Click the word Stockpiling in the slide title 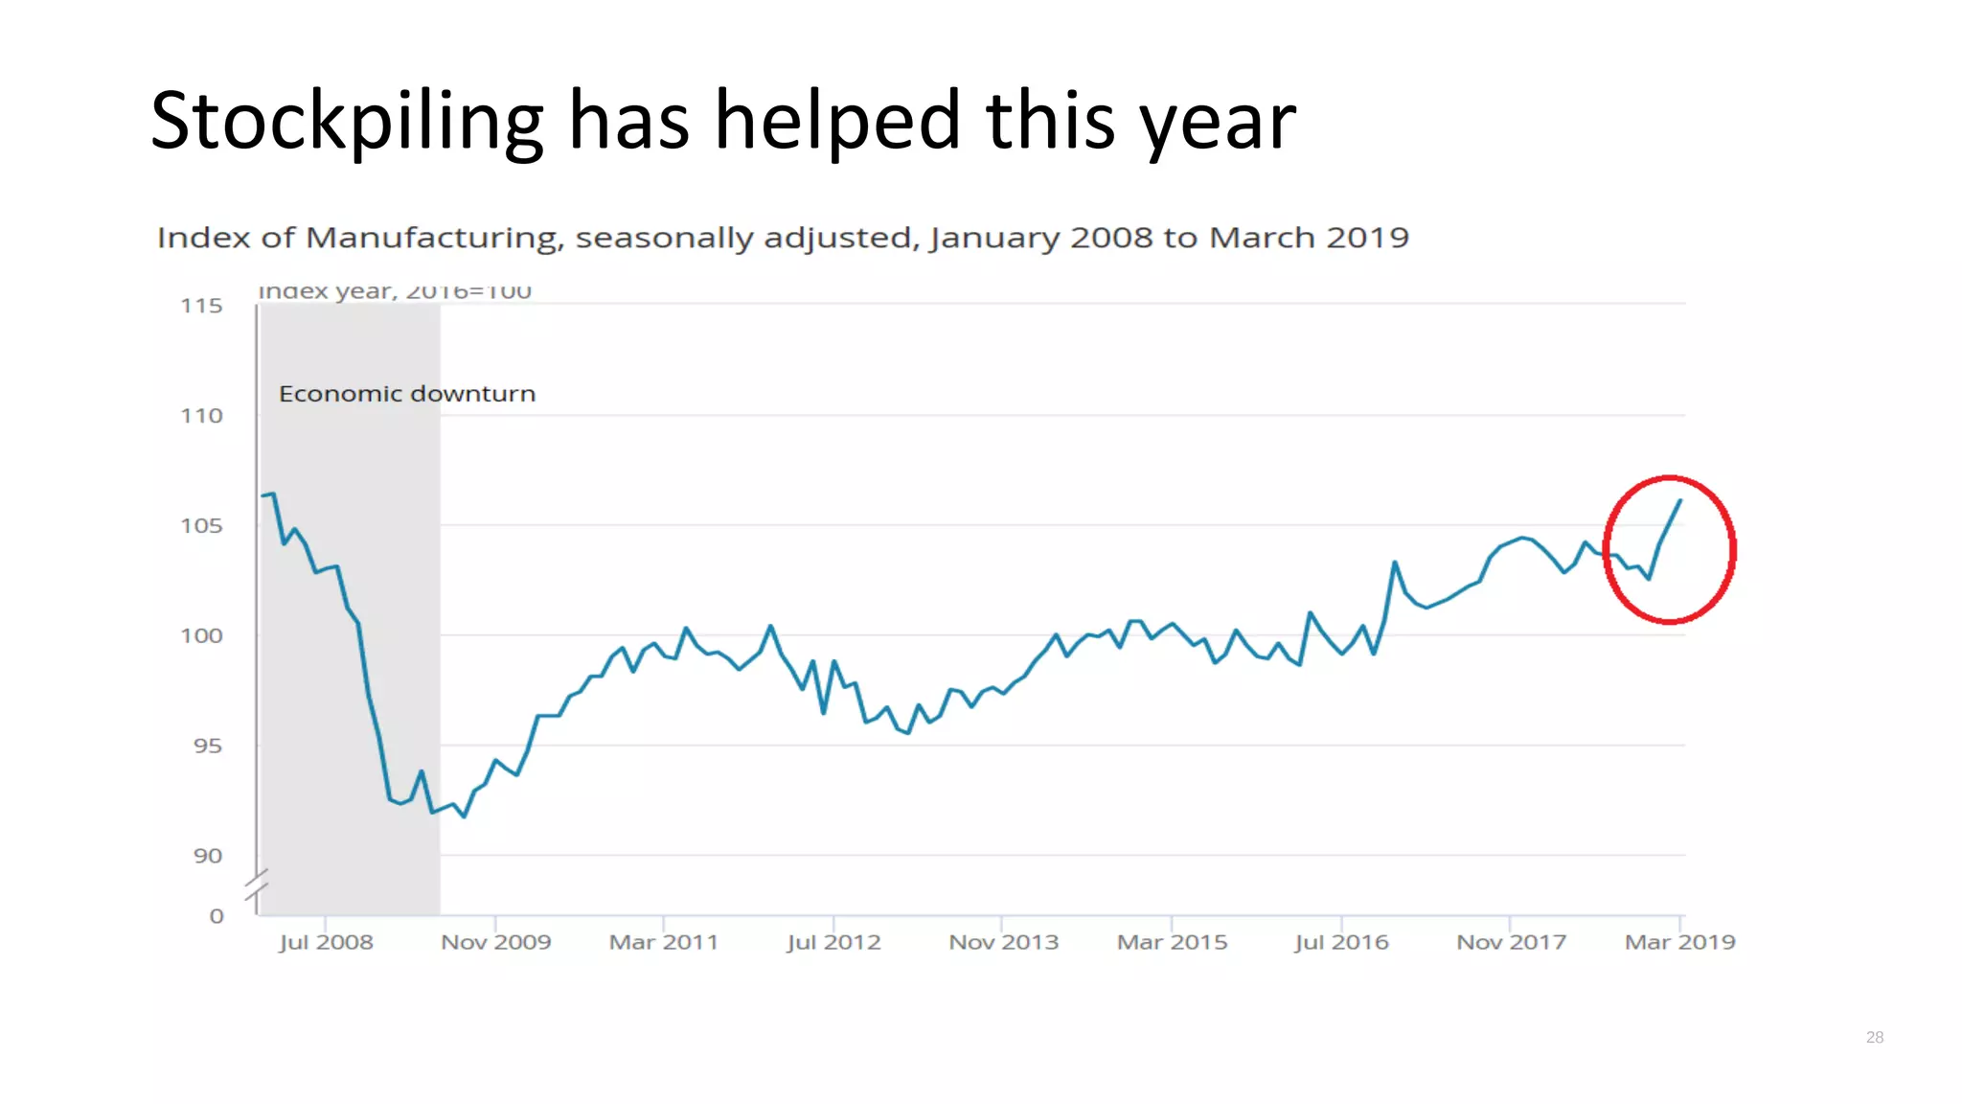[347, 122]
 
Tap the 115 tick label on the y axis [201, 306]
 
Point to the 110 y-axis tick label [201, 416]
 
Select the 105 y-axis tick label [201, 526]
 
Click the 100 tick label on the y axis [201, 635]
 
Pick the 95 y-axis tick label [207, 746]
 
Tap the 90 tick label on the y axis [207, 856]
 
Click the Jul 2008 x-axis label [326, 942]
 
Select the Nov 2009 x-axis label [495, 942]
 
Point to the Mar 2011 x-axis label [664, 942]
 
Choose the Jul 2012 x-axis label [833, 942]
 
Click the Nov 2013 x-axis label [1003, 942]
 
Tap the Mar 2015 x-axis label [1172, 942]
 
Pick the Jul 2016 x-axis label [1341, 942]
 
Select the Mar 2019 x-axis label [1679, 942]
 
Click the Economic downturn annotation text [406, 394]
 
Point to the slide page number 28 [1875, 1037]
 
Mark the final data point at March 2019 [1679, 501]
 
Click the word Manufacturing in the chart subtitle [433, 238]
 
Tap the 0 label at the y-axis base [217, 916]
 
